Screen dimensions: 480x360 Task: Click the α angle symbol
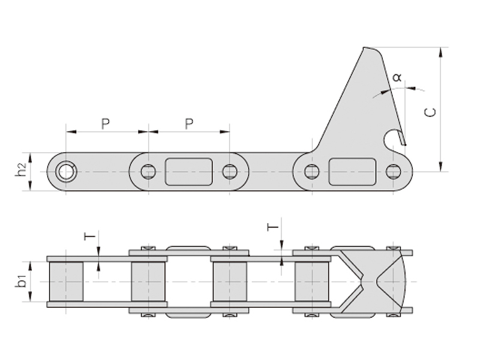click(x=397, y=77)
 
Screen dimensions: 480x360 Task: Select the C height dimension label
click(x=430, y=112)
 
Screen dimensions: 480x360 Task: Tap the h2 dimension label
click(x=21, y=170)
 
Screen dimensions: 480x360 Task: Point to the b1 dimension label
click(x=21, y=281)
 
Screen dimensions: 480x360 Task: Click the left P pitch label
click(x=106, y=124)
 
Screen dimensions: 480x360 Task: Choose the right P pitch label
click(x=189, y=124)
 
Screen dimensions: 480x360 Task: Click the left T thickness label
click(x=89, y=236)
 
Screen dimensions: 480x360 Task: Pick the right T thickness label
click(x=273, y=227)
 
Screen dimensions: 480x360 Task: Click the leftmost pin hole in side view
click(x=66, y=172)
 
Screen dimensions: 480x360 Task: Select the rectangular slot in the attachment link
click(x=352, y=172)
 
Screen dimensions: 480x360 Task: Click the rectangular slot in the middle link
click(x=189, y=172)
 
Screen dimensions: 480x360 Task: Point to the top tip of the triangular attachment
click(x=364, y=47)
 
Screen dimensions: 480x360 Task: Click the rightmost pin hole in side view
click(x=394, y=172)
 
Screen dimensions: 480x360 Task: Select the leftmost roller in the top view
click(x=66, y=281)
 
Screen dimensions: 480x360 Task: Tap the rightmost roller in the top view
click(x=312, y=281)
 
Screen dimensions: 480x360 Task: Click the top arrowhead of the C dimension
click(x=440, y=52)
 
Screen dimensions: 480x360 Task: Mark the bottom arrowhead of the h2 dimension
click(x=30, y=185)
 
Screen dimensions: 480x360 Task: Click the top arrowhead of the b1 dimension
click(x=30, y=266)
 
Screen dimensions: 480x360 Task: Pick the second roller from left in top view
click(x=148, y=281)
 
